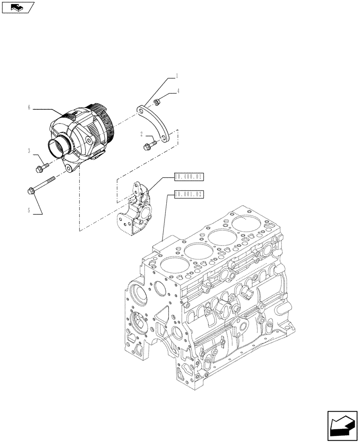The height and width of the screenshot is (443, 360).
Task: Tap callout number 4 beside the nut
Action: (178, 92)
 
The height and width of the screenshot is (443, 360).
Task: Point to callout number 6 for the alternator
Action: (29, 108)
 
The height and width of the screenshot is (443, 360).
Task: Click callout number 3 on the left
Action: (29, 151)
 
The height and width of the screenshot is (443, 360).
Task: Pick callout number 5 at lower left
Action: (29, 211)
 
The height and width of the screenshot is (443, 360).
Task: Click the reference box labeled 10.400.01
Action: (189, 177)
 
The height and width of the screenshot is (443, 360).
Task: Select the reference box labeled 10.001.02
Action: (189, 194)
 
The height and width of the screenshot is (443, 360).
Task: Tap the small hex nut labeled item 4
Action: (157, 103)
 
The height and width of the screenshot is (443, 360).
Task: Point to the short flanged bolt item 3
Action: (39, 167)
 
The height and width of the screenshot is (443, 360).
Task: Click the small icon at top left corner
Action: (18, 7)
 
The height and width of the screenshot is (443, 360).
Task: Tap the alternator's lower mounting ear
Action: (70, 167)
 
